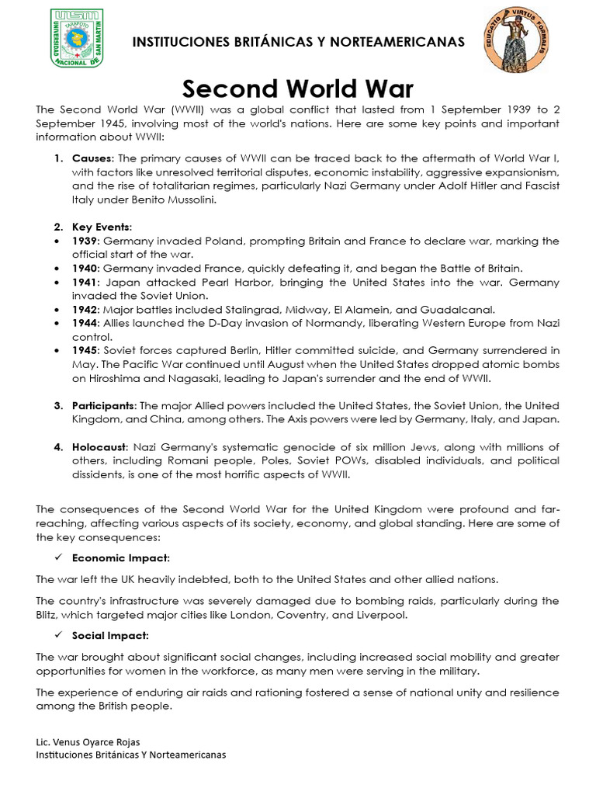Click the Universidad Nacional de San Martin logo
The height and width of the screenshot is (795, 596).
click(x=76, y=38)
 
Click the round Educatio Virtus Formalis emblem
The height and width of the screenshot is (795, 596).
click(x=510, y=40)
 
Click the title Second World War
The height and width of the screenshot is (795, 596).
click(x=298, y=88)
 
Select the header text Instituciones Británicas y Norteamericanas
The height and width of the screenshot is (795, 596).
click(x=299, y=41)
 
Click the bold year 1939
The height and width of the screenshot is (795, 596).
click(x=85, y=241)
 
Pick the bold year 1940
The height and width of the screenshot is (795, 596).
click(x=85, y=268)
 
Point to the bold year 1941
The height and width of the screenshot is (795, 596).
click(x=85, y=283)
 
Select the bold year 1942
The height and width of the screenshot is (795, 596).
click(x=85, y=309)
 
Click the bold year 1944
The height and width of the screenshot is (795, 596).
click(x=85, y=323)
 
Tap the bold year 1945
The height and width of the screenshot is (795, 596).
click(x=85, y=351)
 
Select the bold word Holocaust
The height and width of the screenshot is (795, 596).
click(x=99, y=447)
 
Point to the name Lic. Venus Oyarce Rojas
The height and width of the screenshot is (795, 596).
click(x=88, y=741)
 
